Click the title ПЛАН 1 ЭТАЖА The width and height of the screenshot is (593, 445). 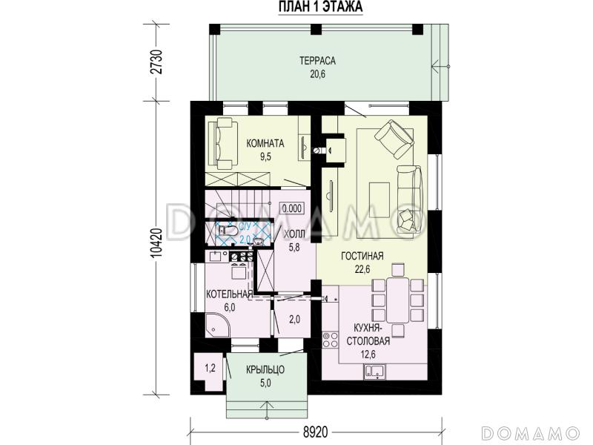click(x=321, y=7)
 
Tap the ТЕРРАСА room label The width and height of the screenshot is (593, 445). click(x=318, y=61)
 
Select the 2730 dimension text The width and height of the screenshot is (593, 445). click(x=156, y=62)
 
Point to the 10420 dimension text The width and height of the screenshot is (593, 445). click(x=156, y=244)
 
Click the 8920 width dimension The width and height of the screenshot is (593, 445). click(x=316, y=432)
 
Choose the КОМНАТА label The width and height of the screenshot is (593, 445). click(x=265, y=143)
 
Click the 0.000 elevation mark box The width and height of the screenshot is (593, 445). click(x=292, y=208)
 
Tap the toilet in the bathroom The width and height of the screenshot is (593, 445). click(x=229, y=230)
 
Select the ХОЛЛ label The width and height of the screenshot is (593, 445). click(x=294, y=234)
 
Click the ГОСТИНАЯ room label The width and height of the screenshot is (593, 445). click(x=362, y=256)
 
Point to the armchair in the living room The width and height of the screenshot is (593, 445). click(x=394, y=139)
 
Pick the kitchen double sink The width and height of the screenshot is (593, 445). click(x=374, y=372)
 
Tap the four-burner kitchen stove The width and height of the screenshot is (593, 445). click(x=330, y=340)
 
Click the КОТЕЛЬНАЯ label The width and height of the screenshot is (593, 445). click(x=229, y=294)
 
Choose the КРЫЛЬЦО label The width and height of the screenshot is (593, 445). click(x=265, y=369)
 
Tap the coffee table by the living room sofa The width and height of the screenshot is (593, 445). click(x=380, y=200)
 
